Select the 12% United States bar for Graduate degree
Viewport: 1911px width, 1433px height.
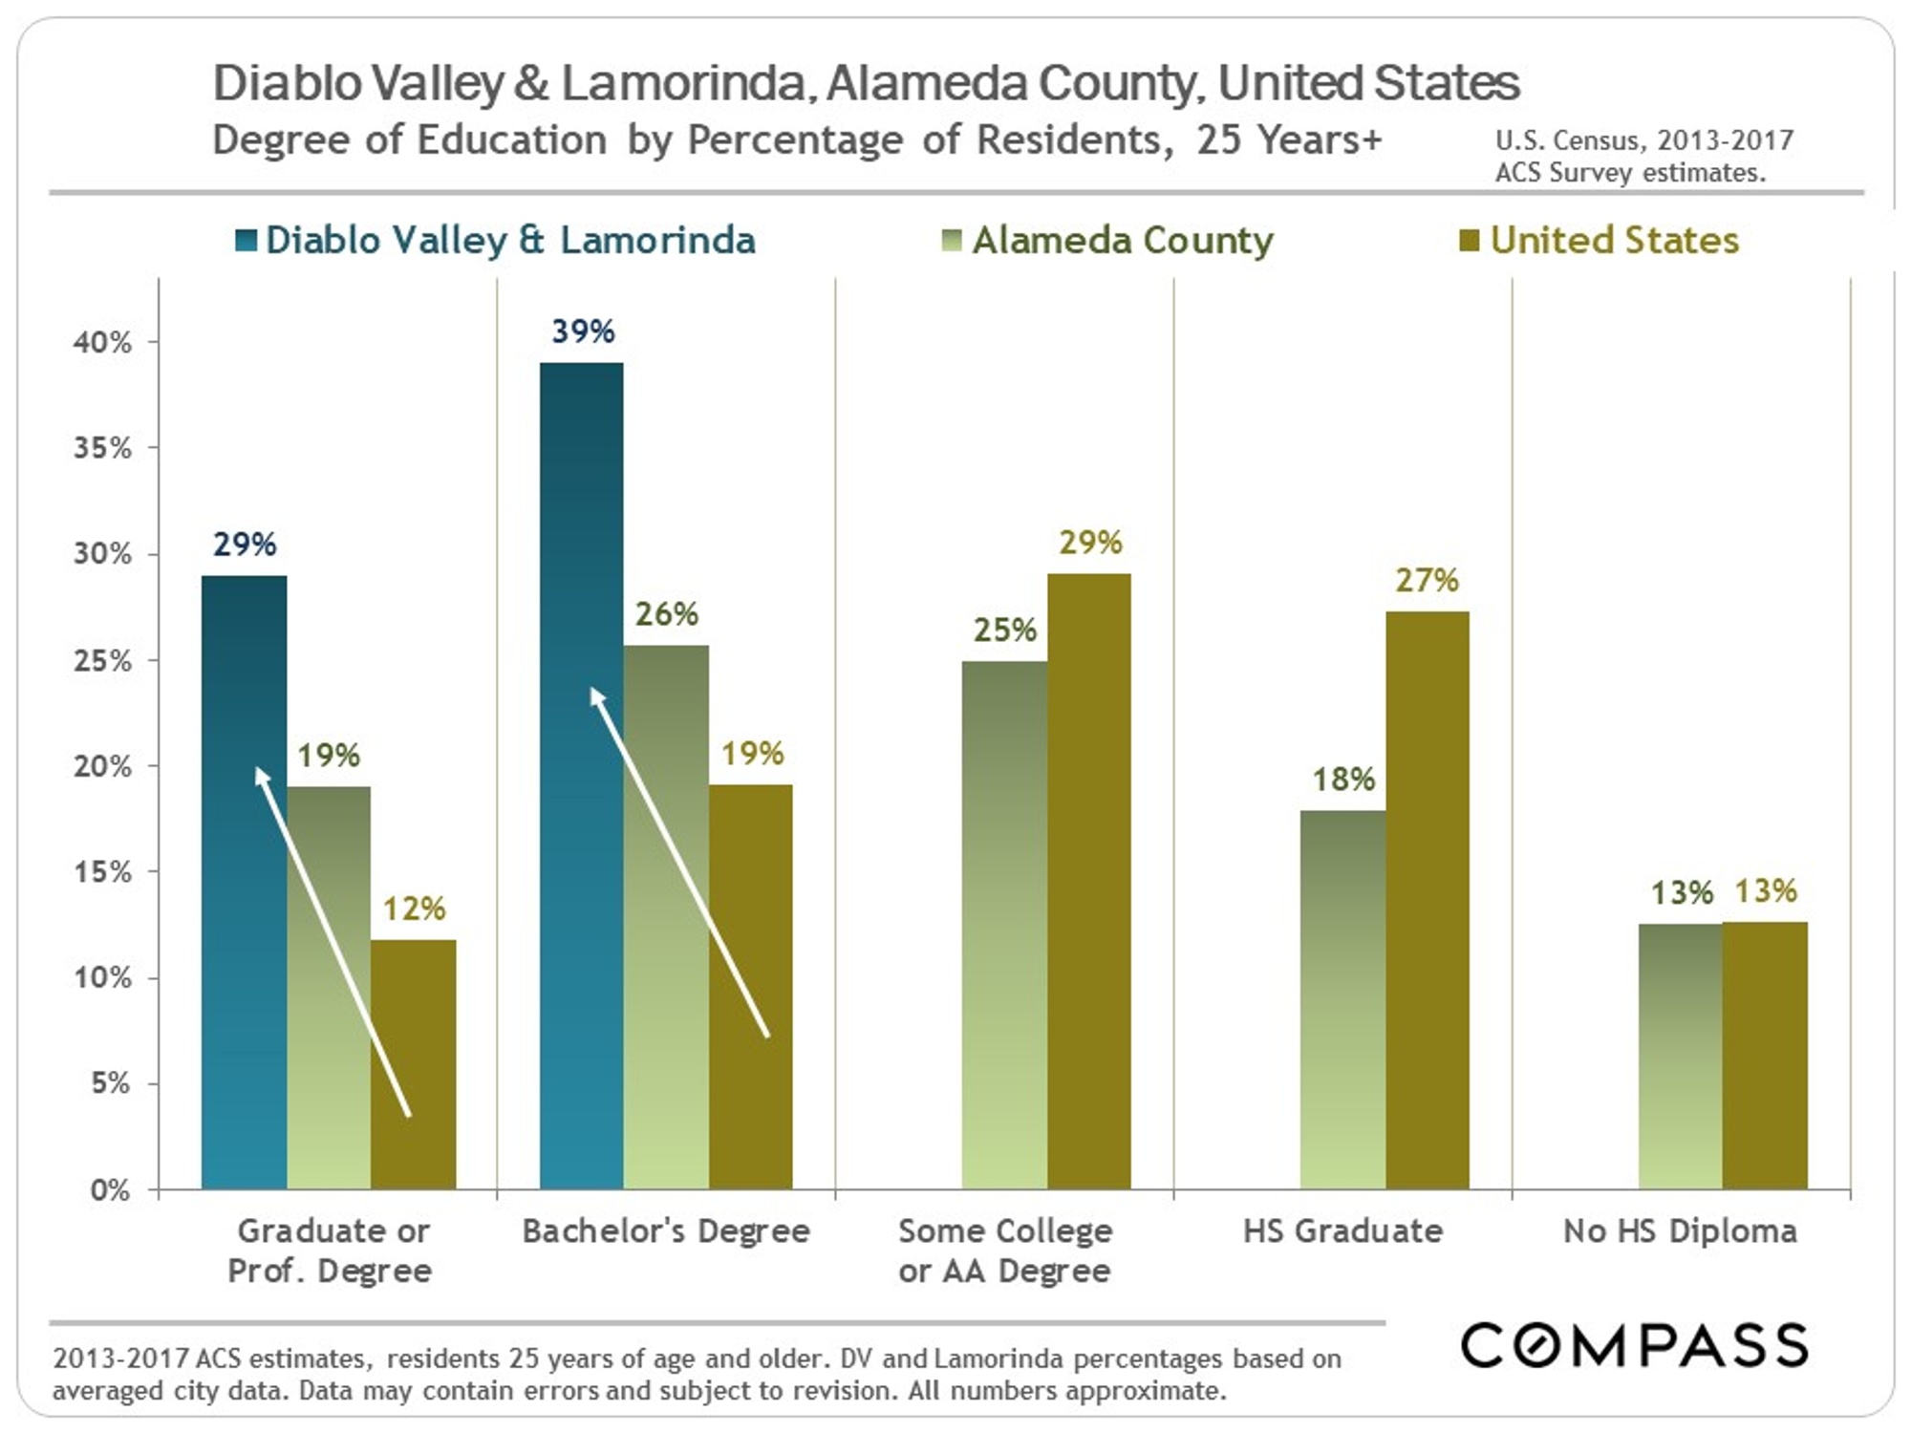click(x=413, y=1065)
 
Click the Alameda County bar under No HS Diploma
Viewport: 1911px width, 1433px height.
click(x=1680, y=1056)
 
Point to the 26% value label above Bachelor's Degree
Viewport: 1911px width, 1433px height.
click(x=666, y=614)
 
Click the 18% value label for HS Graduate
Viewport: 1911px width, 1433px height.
click(x=1342, y=780)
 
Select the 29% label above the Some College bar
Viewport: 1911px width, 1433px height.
click(x=1089, y=543)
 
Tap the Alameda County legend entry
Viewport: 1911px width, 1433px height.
click(x=1108, y=241)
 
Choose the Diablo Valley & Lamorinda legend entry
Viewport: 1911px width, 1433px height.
click(x=497, y=241)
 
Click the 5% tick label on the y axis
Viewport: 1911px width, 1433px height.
click(x=110, y=1083)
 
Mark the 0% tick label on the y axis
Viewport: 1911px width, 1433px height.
click(x=110, y=1190)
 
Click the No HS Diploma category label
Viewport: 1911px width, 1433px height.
click(x=1680, y=1231)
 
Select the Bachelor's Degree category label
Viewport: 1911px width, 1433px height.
click(x=666, y=1231)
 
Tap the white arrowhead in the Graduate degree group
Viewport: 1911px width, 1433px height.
click(x=262, y=776)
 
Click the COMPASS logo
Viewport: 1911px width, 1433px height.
click(x=1634, y=1345)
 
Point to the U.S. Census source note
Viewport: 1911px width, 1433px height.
click(x=1643, y=156)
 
